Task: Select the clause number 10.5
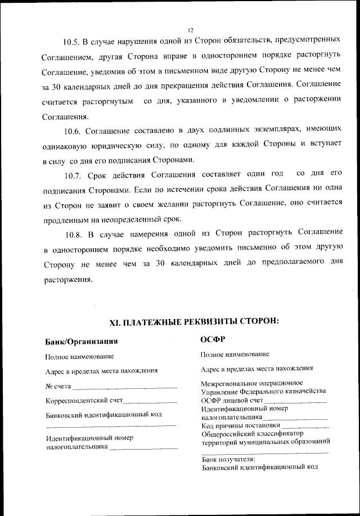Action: click(x=71, y=42)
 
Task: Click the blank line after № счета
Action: click(x=125, y=387)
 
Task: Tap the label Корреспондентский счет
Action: click(x=83, y=401)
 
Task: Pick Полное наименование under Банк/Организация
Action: click(x=79, y=356)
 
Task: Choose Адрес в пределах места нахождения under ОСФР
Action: click(x=256, y=369)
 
